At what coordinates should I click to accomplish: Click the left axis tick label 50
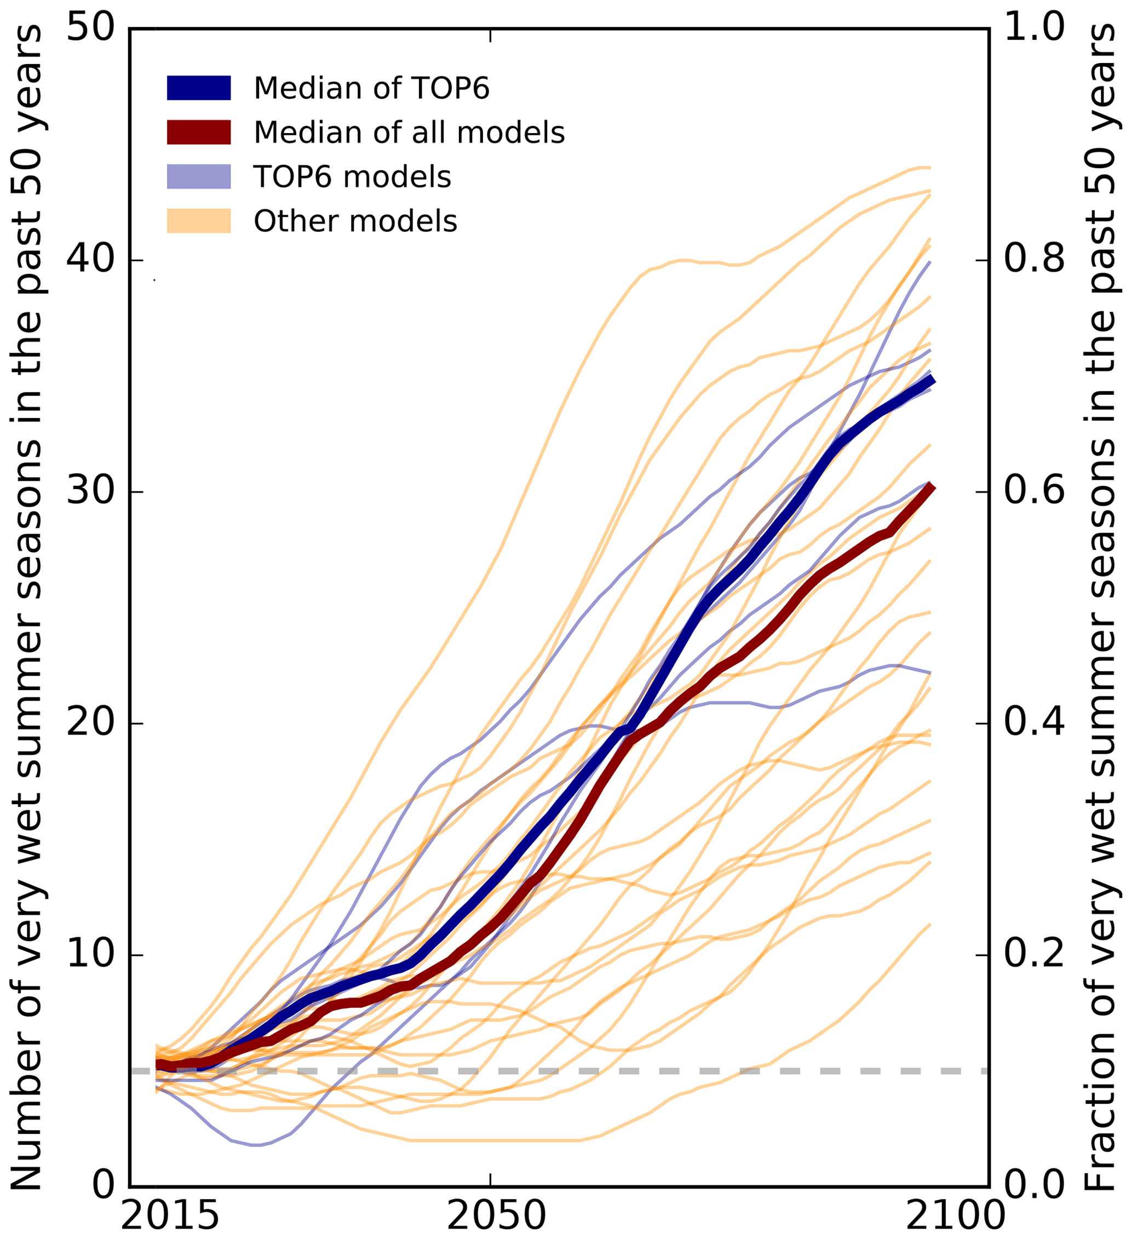click(91, 28)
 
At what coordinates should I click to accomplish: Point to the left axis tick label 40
click(91, 260)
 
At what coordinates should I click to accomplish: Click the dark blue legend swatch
click(198, 88)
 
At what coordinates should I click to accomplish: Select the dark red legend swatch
click(198, 132)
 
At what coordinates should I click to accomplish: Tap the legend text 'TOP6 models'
click(352, 177)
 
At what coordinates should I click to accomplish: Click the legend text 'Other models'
click(355, 221)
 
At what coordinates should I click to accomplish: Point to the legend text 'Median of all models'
click(409, 133)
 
